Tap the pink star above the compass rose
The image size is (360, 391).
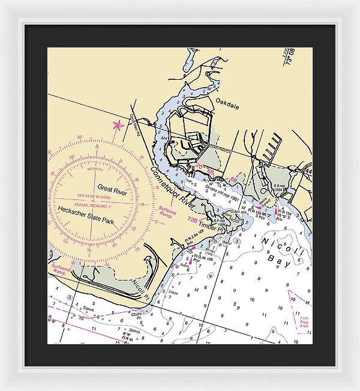(117, 126)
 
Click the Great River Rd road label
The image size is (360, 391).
(134, 124)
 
